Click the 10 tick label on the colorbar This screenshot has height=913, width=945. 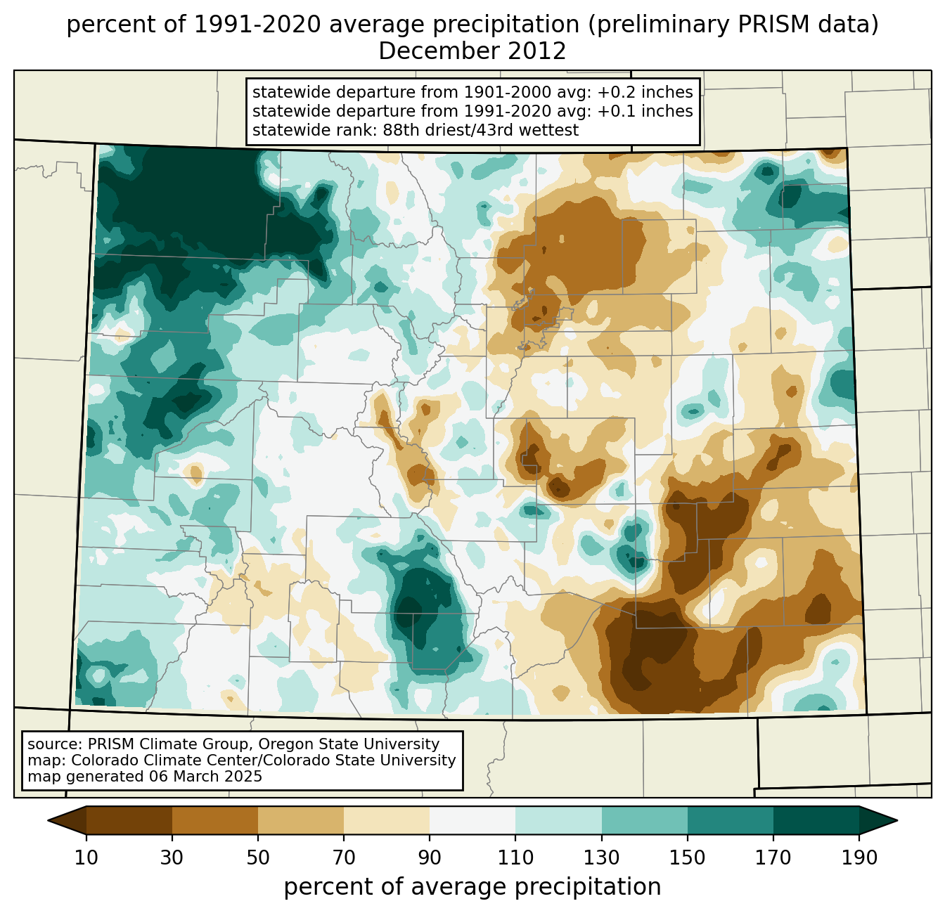click(x=86, y=857)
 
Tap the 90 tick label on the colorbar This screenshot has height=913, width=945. click(x=430, y=857)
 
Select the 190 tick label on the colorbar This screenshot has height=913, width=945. click(x=859, y=857)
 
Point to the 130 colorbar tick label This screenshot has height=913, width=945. click(x=602, y=857)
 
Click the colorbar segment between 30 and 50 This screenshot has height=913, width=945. click(x=215, y=820)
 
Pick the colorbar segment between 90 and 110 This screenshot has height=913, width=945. click(x=472, y=820)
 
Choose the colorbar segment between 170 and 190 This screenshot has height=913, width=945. click(x=816, y=820)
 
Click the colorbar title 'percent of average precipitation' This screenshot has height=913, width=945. click(x=472, y=887)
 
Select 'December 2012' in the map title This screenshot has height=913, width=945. click(x=472, y=51)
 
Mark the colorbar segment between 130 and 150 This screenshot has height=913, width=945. click(x=645, y=820)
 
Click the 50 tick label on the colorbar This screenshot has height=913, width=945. click(x=258, y=857)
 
